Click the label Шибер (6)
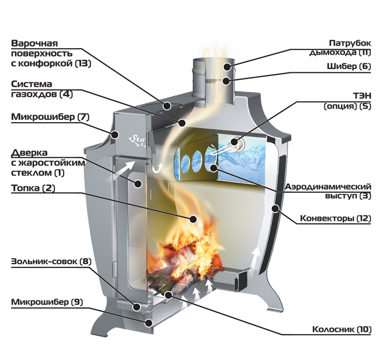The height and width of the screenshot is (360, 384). [349, 66]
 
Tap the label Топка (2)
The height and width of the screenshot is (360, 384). [33, 188]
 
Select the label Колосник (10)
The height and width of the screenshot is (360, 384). [342, 329]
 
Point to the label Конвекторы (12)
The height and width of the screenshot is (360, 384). [336, 218]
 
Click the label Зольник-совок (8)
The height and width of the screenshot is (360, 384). [51, 261]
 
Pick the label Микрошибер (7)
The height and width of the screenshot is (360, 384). [50, 117]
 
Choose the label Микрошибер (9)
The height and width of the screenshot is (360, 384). [47, 302]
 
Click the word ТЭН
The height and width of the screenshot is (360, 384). [362, 96]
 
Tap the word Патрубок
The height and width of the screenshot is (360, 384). [350, 43]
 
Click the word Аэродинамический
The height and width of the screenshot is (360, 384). [328, 187]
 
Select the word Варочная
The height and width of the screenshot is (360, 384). [35, 43]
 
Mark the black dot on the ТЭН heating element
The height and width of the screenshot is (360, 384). [234, 141]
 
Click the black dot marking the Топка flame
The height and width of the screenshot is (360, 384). [194, 219]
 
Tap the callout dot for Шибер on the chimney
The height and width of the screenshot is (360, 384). [226, 81]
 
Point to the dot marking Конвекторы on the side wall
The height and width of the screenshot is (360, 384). [275, 209]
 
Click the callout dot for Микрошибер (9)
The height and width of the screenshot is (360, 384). [149, 323]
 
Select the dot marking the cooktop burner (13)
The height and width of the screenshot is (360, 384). [167, 106]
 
